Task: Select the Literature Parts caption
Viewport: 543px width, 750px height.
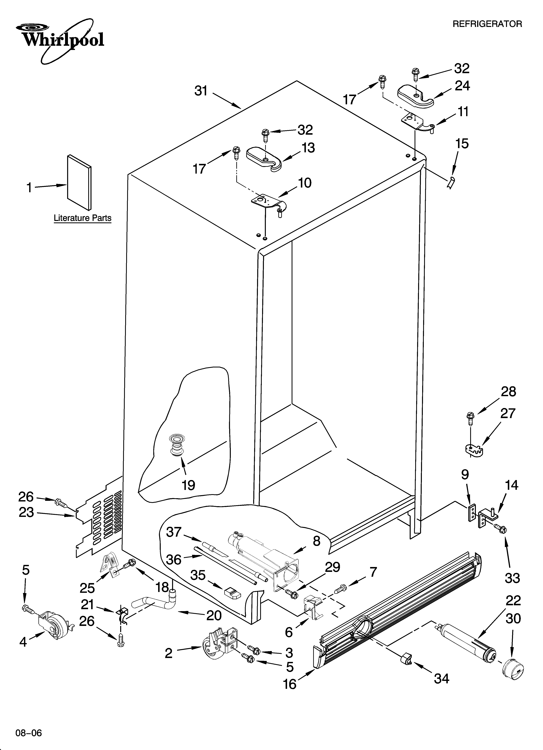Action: [x=82, y=218]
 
